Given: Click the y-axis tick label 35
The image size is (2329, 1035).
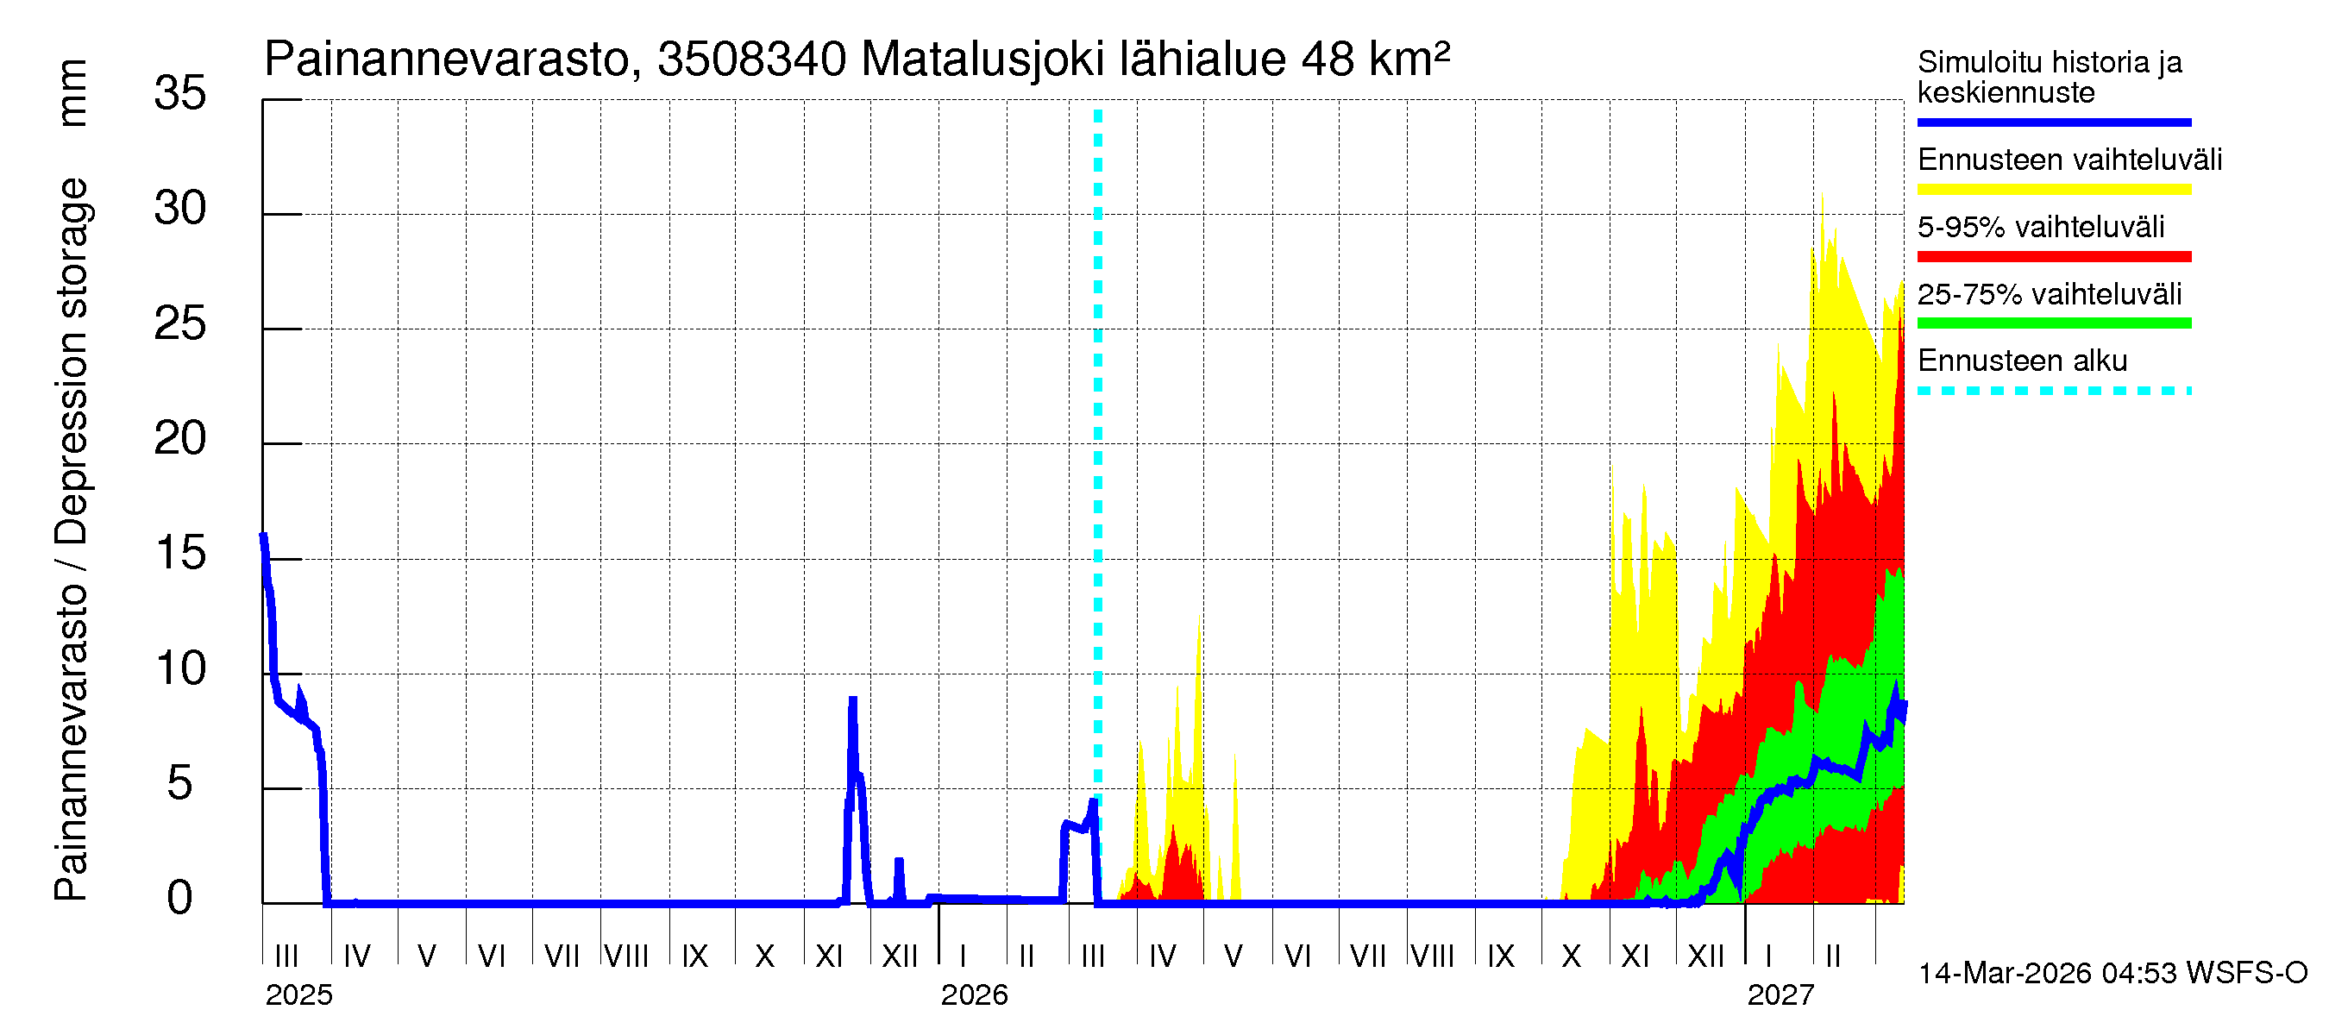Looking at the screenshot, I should click(180, 93).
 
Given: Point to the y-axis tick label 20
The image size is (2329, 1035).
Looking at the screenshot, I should click(180, 439).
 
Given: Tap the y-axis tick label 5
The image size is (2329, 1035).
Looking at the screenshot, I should click(180, 784).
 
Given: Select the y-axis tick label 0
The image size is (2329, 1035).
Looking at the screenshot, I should click(180, 899).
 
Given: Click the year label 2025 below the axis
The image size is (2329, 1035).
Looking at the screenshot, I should click(298, 995).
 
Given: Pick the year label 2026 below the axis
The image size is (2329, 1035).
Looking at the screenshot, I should click(974, 995).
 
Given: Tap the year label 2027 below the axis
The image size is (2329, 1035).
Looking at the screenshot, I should click(1780, 995).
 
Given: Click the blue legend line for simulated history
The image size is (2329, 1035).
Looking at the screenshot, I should click(2053, 122).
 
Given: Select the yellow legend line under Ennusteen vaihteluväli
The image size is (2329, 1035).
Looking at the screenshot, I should click(2053, 190).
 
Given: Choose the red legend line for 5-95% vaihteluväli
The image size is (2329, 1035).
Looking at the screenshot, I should click(2053, 257).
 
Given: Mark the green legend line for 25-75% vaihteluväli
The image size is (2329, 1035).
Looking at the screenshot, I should click(2053, 323).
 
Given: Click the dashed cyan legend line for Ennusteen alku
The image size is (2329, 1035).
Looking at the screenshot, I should click(2053, 392).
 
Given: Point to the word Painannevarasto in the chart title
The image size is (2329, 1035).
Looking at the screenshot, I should click(447, 60).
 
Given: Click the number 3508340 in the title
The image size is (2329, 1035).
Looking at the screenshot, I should click(751, 60).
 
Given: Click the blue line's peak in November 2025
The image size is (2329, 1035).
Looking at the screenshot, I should click(852, 700).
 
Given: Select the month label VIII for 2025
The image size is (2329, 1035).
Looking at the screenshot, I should click(626, 957).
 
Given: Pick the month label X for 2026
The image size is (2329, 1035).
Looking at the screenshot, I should click(1572, 957).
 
